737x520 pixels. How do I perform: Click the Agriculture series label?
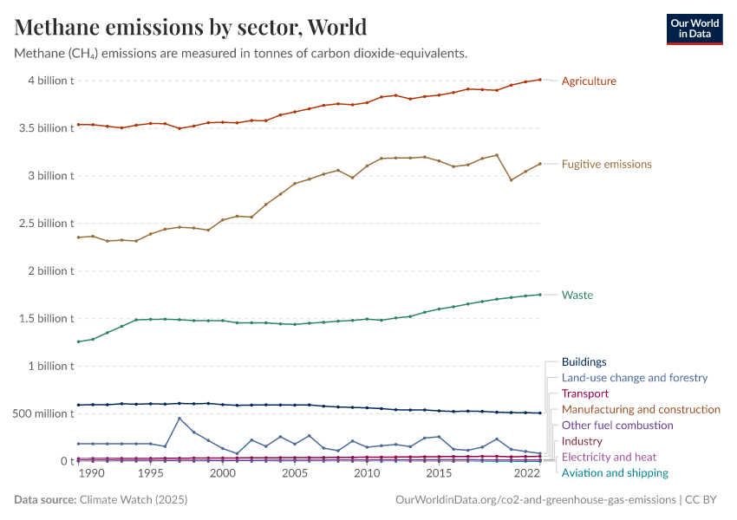pyautogui.click(x=589, y=81)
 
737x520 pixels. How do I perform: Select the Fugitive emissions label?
pyautogui.click(x=606, y=164)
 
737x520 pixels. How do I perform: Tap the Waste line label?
pyautogui.click(x=577, y=296)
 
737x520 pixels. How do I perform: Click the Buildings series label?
pyautogui.click(x=584, y=362)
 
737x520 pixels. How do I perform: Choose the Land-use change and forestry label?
pyautogui.click(x=634, y=378)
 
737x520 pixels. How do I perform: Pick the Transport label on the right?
pyautogui.click(x=585, y=393)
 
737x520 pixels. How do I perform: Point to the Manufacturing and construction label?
pyautogui.click(x=641, y=409)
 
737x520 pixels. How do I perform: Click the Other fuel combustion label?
pyautogui.click(x=617, y=426)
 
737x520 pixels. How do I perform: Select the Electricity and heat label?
pyautogui.click(x=609, y=457)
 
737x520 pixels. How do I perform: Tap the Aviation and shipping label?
pyautogui.click(x=615, y=473)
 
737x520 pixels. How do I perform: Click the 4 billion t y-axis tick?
pyautogui.click(x=50, y=81)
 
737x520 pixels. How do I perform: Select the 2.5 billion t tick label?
pyautogui.click(x=45, y=224)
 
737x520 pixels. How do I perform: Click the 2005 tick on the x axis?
pyautogui.click(x=295, y=474)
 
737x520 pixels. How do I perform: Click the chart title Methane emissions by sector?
pyautogui.click(x=191, y=27)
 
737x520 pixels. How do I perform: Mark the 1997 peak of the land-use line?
pyautogui.click(x=179, y=419)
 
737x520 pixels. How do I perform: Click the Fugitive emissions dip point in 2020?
pyautogui.click(x=511, y=180)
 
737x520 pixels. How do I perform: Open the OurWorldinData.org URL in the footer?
pyautogui.click(x=535, y=500)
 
